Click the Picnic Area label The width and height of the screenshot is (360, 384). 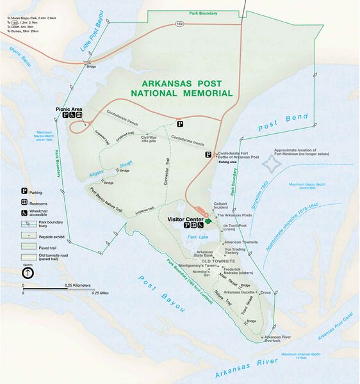(68, 109)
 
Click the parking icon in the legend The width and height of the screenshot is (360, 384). (25, 191)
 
